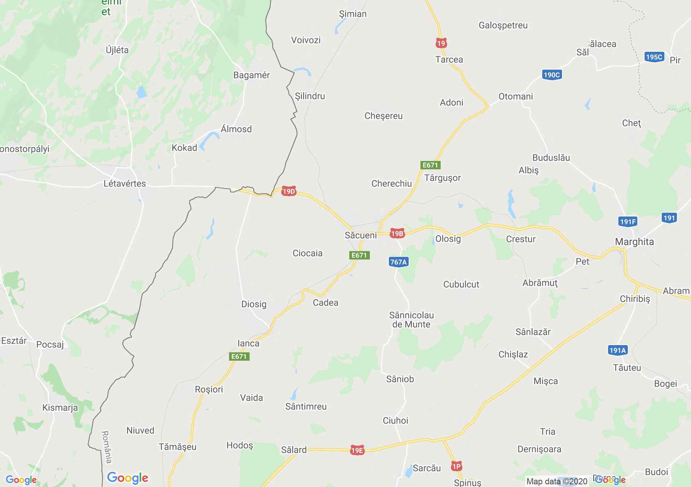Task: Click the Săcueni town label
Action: coord(360,235)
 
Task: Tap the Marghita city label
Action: coord(634,242)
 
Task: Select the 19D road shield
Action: coord(288,191)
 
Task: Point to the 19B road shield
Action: coord(396,234)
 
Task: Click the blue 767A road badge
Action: coord(398,262)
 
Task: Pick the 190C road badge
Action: coord(552,75)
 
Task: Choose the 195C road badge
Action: coord(654,57)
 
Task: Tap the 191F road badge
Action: coord(628,221)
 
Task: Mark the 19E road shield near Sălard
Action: coord(357,450)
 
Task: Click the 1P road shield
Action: coord(456,466)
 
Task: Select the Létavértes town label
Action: coord(125,183)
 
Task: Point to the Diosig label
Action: coord(254,304)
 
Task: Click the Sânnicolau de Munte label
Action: coord(411,320)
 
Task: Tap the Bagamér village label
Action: coord(252,75)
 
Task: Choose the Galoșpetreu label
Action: coord(503,25)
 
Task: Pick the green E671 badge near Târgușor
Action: coord(430,165)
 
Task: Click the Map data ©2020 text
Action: coord(557,481)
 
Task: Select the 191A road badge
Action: coord(617,350)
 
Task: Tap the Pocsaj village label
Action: coord(50,344)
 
